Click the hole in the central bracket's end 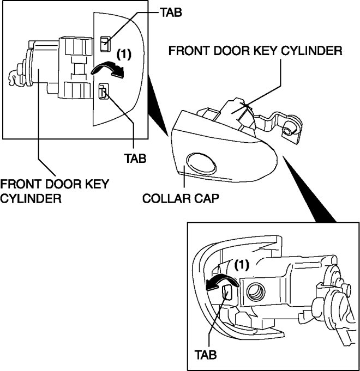click(288, 131)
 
